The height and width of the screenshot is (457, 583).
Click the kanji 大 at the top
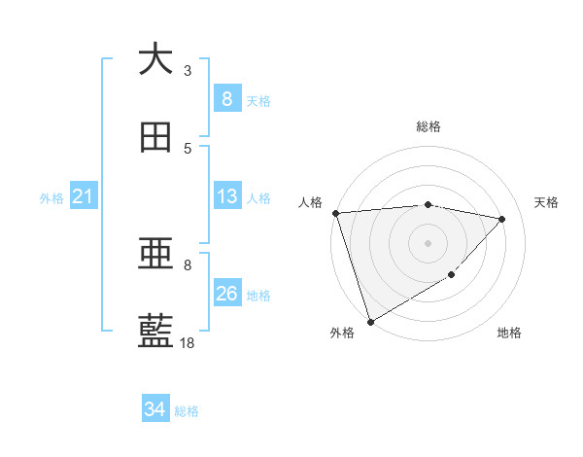coord(155,59)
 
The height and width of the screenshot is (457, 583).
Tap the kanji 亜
coord(155,254)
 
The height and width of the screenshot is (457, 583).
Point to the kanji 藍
coord(155,332)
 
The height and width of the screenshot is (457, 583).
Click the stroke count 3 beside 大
coord(188,70)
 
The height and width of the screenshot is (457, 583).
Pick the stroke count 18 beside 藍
coord(188,342)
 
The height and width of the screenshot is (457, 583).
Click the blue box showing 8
coord(226,99)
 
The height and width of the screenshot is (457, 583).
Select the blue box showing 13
coord(226,197)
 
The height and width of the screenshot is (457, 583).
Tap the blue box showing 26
coord(226,294)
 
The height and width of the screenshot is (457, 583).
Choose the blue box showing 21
coord(83,197)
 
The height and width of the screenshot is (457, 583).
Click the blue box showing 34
coord(154,410)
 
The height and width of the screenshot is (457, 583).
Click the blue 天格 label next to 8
coord(258,101)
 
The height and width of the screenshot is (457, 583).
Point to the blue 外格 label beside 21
coord(51,198)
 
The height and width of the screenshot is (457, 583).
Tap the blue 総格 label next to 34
coord(187,411)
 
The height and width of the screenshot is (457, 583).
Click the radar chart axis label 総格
coord(428,126)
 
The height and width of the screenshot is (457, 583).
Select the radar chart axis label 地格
coord(509,334)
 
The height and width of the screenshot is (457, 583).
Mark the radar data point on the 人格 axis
coord(335,213)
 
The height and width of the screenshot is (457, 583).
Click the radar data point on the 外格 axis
coord(370,321)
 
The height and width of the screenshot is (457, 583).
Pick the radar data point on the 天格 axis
coord(502,219)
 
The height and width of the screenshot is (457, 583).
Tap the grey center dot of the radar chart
coord(428,242)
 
